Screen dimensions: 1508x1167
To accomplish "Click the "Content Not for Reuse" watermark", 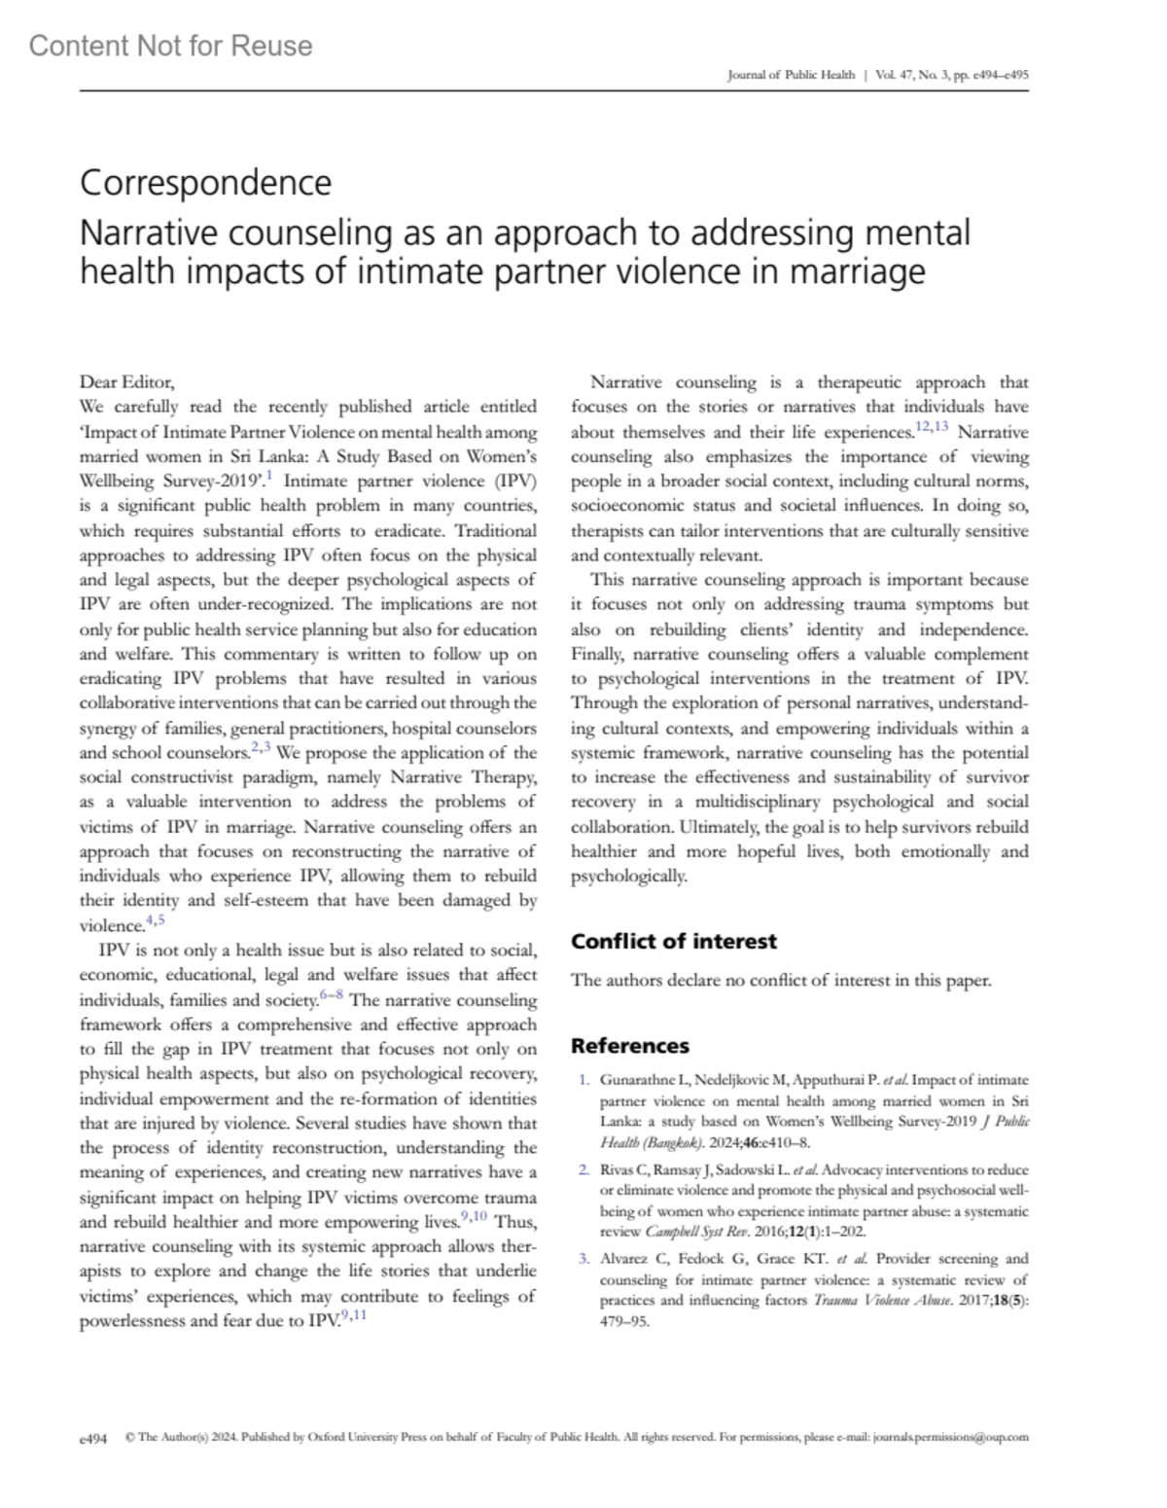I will (171, 46).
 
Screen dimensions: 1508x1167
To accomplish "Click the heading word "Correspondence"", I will (205, 182).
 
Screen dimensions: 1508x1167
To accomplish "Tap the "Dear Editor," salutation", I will (126, 382).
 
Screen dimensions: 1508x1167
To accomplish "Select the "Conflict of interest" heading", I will (674, 941).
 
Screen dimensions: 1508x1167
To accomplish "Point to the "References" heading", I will (629, 1046).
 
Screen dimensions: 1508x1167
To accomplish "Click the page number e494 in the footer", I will (93, 1437).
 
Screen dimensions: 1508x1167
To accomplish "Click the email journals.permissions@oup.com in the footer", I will (950, 1437).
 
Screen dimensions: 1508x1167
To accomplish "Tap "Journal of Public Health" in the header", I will (791, 75).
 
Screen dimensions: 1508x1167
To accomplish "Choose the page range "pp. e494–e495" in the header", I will (993, 75).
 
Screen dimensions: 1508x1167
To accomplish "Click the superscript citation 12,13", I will (932, 427).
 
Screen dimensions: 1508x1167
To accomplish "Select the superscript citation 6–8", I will (331, 995).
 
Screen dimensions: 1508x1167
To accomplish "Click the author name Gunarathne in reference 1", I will (633, 1080).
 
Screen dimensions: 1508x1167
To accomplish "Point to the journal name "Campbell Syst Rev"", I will (681, 1231).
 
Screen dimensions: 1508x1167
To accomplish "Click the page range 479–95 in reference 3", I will (624, 1321).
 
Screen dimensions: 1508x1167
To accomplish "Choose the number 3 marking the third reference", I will (583, 1259).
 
